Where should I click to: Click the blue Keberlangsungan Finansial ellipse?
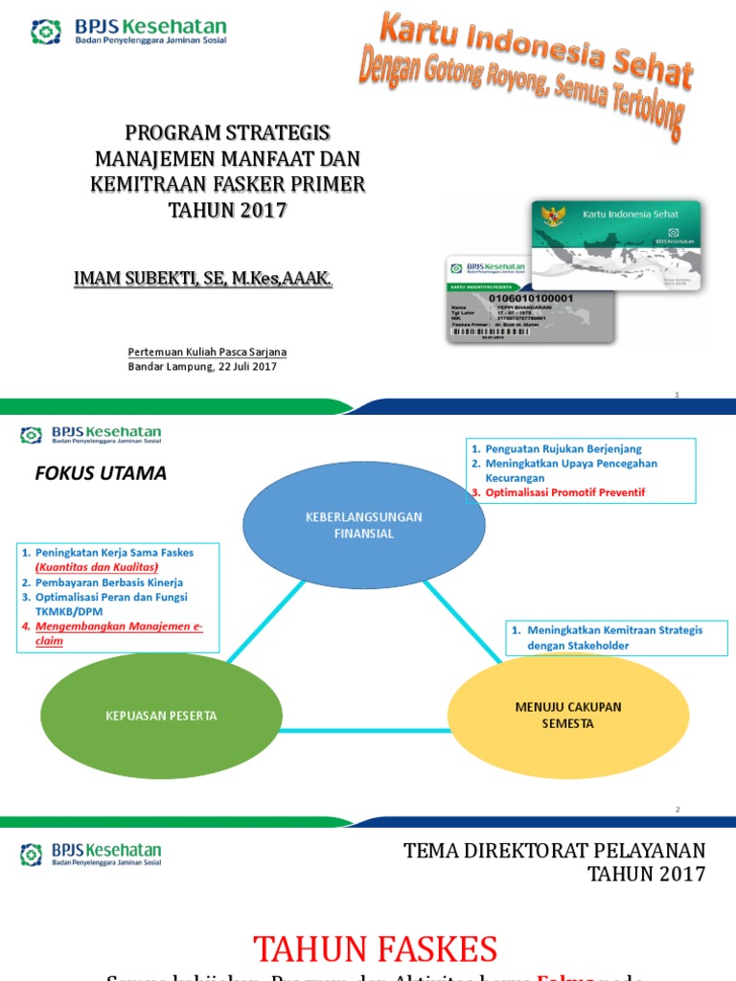point(363,525)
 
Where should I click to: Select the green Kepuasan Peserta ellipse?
point(161,716)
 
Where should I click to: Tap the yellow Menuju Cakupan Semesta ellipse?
point(567,715)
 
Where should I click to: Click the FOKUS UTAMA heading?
point(101,473)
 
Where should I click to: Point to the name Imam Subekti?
point(204,278)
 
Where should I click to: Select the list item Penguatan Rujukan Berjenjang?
point(563,448)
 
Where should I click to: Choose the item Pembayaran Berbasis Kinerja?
point(109,582)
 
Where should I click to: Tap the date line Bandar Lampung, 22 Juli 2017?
point(202,367)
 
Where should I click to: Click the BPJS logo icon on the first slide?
point(45,33)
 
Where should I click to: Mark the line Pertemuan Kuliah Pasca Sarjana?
point(207,352)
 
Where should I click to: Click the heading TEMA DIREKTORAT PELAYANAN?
point(554,851)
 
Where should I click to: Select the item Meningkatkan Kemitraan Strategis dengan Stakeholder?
point(613,637)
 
